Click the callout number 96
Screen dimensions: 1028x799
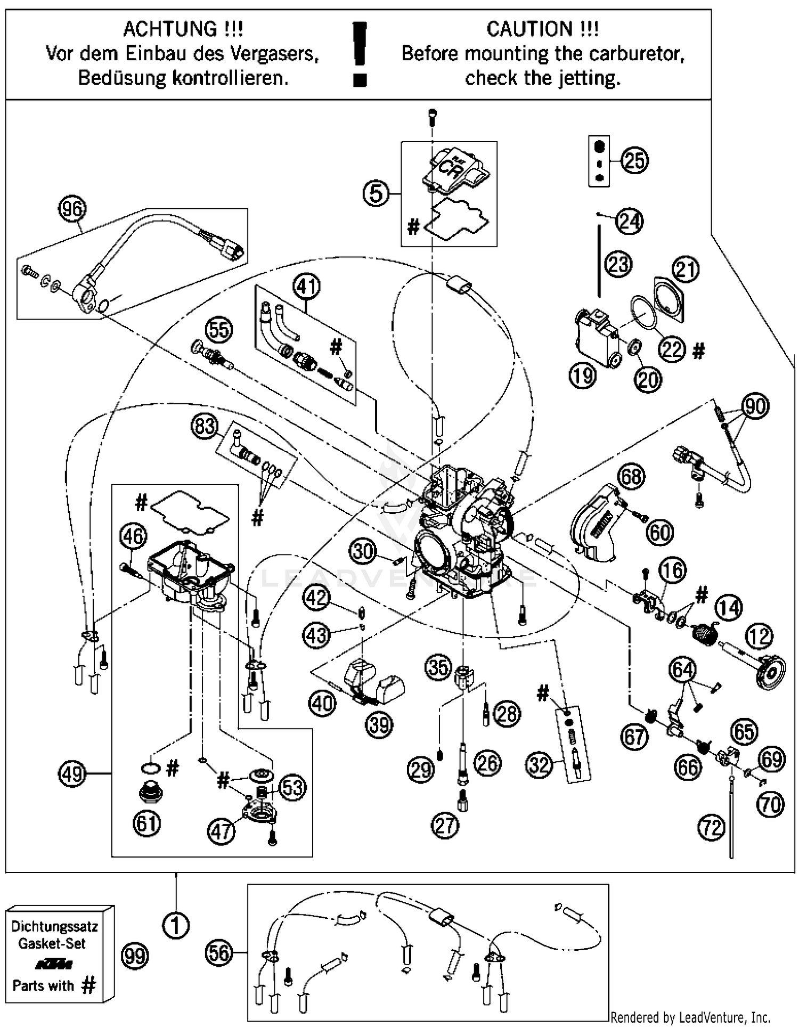(x=72, y=209)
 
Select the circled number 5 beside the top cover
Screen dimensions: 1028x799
(x=376, y=193)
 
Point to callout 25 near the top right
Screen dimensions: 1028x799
(x=634, y=160)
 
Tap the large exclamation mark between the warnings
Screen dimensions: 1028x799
(x=360, y=53)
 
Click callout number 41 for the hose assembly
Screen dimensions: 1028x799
(x=306, y=287)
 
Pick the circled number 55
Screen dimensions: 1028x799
(x=219, y=330)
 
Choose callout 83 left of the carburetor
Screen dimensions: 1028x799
(x=205, y=427)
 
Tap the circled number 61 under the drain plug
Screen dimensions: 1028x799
(x=147, y=823)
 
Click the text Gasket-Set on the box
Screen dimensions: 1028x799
(x=52, y=943)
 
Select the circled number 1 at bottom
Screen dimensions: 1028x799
(x=176, y=925)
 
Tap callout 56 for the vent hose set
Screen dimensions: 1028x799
(x=219, y=953)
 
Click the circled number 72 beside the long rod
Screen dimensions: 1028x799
(x=712, y=828)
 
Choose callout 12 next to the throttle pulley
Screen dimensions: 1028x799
(x=759, y=637)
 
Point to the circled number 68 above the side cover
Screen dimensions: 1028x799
(x=631, y=476)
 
